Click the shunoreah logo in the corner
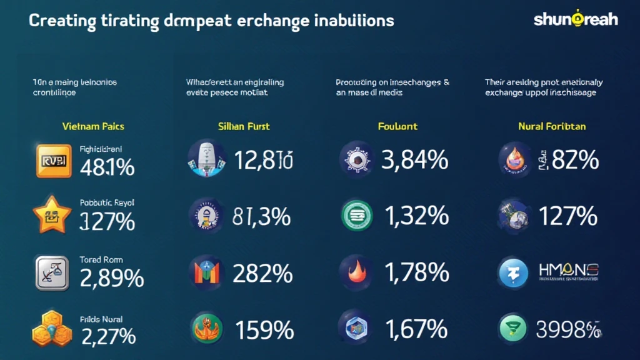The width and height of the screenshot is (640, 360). coord(576,19)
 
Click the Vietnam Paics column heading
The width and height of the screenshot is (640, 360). coord(94,126)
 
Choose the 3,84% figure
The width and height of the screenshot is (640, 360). coord(414,160)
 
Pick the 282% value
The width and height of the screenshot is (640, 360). coord(262,273)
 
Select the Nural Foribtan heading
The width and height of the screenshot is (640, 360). coord(552,126)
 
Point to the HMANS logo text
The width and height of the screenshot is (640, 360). coord(569,271)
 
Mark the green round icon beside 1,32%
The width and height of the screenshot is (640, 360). coord(357,216)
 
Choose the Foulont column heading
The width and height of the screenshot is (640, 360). coord(397,126)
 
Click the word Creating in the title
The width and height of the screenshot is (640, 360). coord(60,21)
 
